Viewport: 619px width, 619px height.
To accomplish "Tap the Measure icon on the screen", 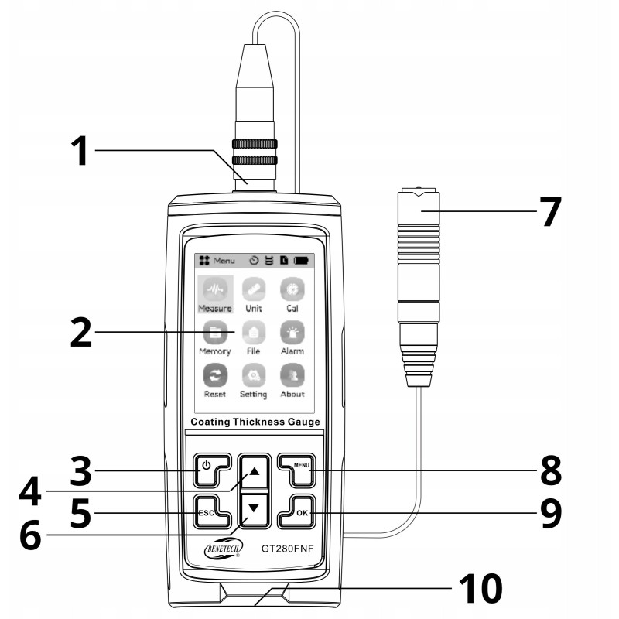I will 214,289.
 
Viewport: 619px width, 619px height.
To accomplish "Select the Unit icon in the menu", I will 254,289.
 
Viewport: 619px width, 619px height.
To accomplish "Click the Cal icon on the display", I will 292,289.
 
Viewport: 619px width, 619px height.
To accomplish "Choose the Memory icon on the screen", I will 214,332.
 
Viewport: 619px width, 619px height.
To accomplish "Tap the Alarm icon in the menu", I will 292,332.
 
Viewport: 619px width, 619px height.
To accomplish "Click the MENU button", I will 295,467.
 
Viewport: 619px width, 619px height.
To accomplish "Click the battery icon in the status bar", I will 299,261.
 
